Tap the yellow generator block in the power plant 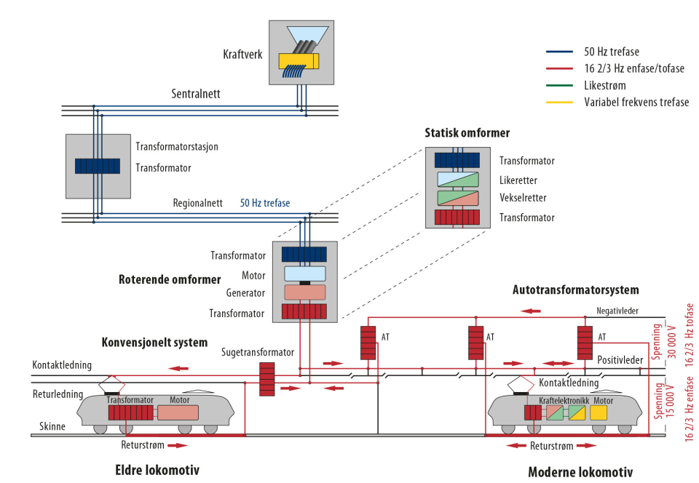[x=299, y=61]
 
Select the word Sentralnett [x=196, y=94]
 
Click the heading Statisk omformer [x=467, y=133]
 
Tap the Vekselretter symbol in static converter [x=457, y=198]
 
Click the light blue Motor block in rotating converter [x=305, y=274]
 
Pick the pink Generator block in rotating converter [x=305, y=292]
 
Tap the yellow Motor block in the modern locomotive [x=599, y=412]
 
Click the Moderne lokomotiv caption [x=580, y=472]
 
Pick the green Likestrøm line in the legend [x=561, y=85]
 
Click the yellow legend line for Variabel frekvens [x=561, y=103]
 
